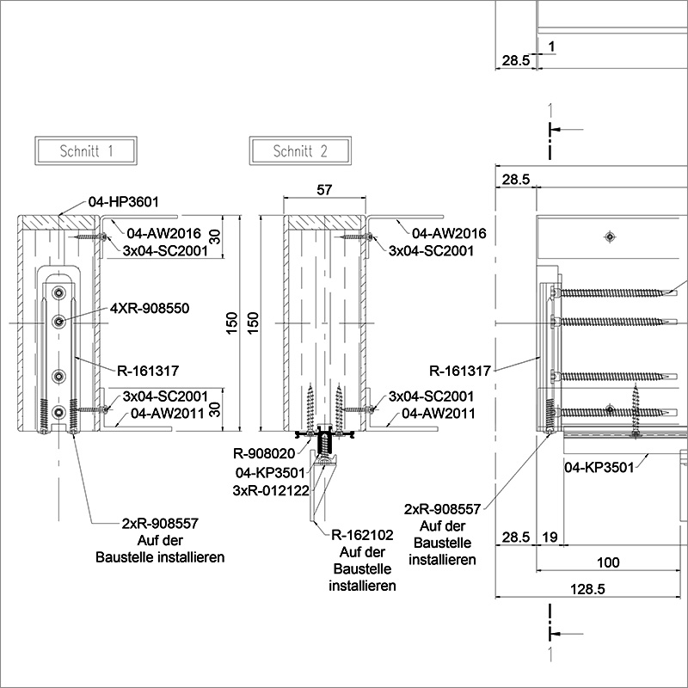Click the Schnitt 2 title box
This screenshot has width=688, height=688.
click(x=300, y=151)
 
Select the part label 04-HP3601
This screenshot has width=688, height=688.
click(x=124, y=202)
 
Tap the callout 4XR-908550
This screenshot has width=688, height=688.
click(x=149, y=307)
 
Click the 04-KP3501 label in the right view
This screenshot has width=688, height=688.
click(x=599, y=467)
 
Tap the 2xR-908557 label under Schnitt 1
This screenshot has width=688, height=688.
click(x=160, y=522)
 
